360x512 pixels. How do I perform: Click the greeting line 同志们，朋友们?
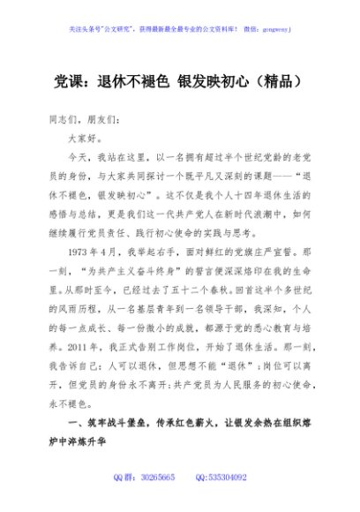point(78,119)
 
